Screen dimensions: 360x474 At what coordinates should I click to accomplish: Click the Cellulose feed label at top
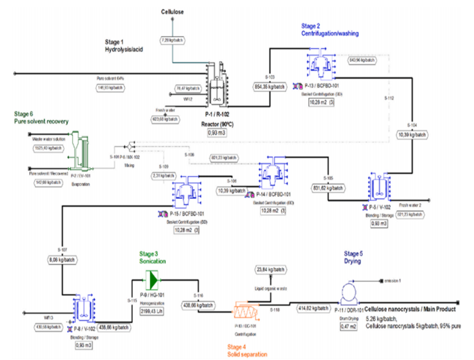[172, 12]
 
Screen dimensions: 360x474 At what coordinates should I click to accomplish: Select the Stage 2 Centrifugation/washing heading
[330, 30]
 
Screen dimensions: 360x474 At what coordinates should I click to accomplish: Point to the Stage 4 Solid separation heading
[247, 351]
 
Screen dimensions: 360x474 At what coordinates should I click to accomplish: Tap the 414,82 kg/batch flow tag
[314, 308]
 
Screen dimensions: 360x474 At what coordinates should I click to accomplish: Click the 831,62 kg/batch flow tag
[328, 187]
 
